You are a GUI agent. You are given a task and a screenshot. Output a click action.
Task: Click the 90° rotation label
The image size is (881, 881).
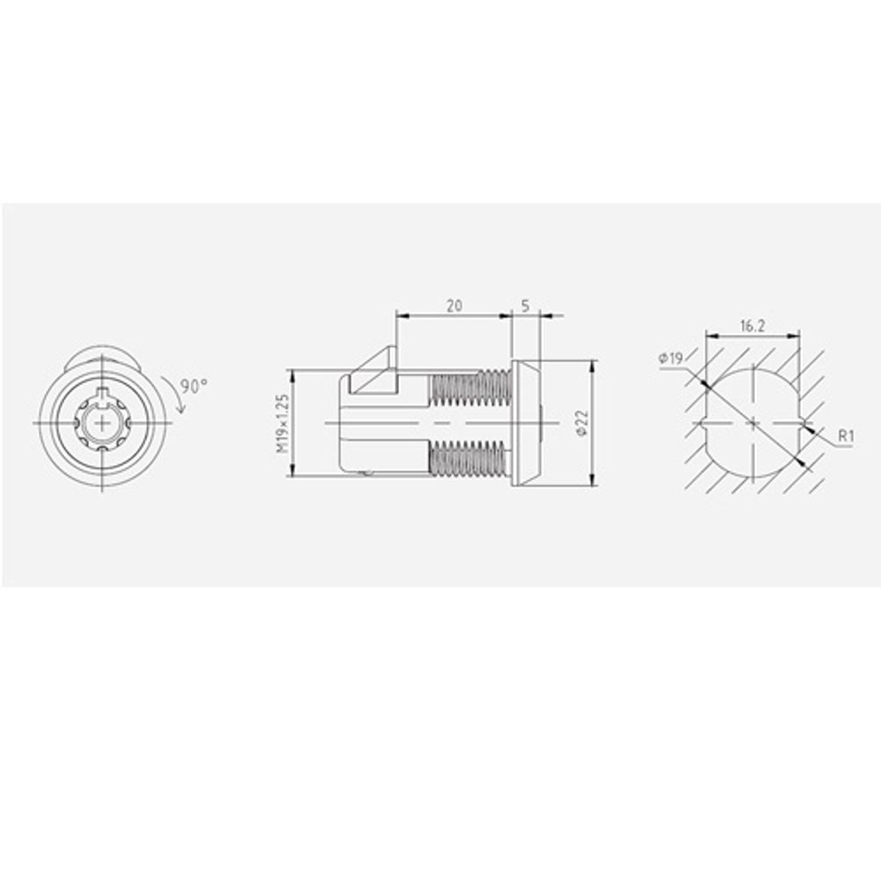[195, 387]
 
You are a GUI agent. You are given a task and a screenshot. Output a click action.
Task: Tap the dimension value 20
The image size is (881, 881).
[454, 306]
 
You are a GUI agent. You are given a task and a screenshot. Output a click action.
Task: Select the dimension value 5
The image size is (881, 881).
[525, 306]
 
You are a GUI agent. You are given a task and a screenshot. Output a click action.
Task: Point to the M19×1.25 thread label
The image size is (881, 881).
[283, 423]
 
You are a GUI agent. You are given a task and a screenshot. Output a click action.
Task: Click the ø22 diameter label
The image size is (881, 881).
[581, 423]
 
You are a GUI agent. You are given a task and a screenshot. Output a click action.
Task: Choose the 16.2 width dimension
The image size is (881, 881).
[752, 326]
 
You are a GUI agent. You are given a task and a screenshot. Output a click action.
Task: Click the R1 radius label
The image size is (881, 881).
[846, 435]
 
